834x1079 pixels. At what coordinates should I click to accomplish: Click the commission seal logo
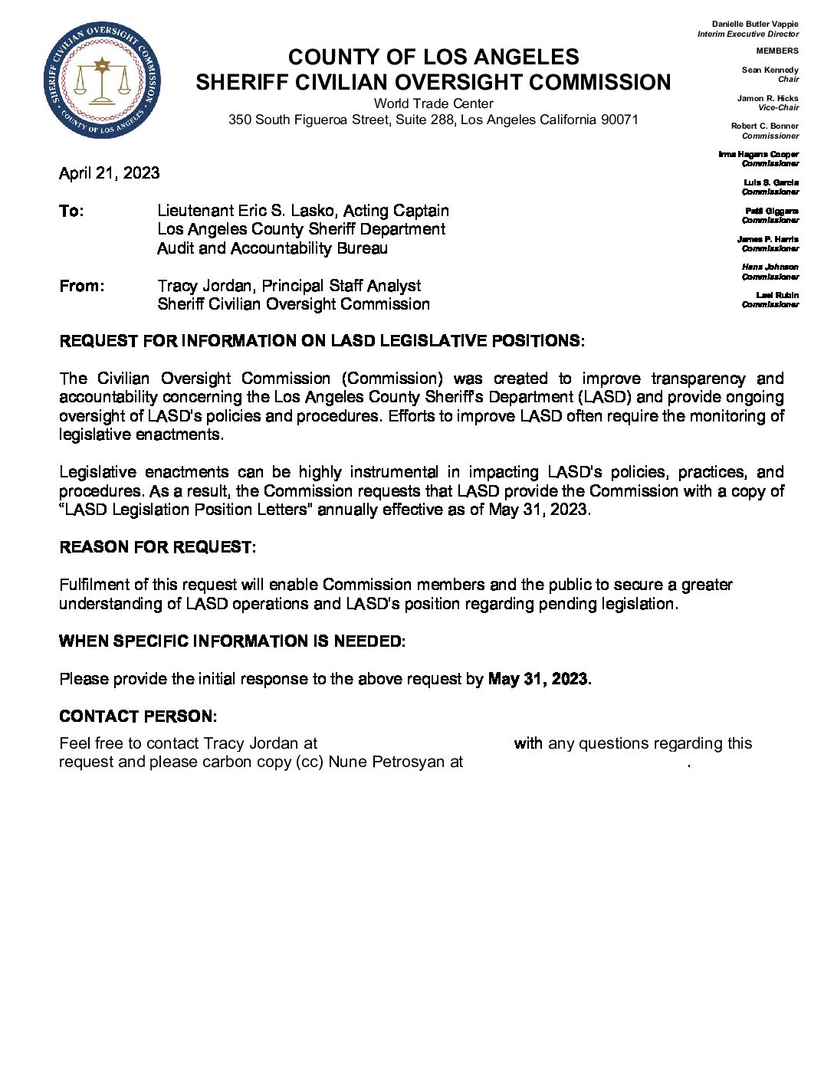tap(102, 80)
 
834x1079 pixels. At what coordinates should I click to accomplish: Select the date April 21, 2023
tap(109, 173)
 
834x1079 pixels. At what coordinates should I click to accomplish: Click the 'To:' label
tap(71, 212)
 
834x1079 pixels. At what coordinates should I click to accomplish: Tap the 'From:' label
tap(81, 287)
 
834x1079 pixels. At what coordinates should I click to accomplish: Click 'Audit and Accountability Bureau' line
tap(272, 248)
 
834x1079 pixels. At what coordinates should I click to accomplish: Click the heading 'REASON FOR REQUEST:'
tap(157, 547)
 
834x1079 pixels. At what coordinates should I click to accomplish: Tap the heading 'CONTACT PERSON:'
tap(138, 717)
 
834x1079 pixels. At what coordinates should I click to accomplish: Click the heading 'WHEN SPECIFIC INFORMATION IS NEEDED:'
tap(231, 641)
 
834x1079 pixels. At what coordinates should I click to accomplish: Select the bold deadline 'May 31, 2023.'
tap(539, 679)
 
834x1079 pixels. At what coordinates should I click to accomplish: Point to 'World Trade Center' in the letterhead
tap(433, 103)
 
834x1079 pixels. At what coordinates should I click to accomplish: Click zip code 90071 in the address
tap(619, 120)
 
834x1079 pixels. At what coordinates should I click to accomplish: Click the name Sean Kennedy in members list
tap(770, 70)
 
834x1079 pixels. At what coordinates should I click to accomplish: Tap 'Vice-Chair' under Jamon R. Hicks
tap(778, 108)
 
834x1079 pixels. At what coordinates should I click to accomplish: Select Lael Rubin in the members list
tap(777, 295)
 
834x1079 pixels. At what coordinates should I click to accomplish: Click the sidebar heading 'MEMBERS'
tap(777, 51)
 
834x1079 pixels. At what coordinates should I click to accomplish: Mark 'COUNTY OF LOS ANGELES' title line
tap(433, 57)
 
